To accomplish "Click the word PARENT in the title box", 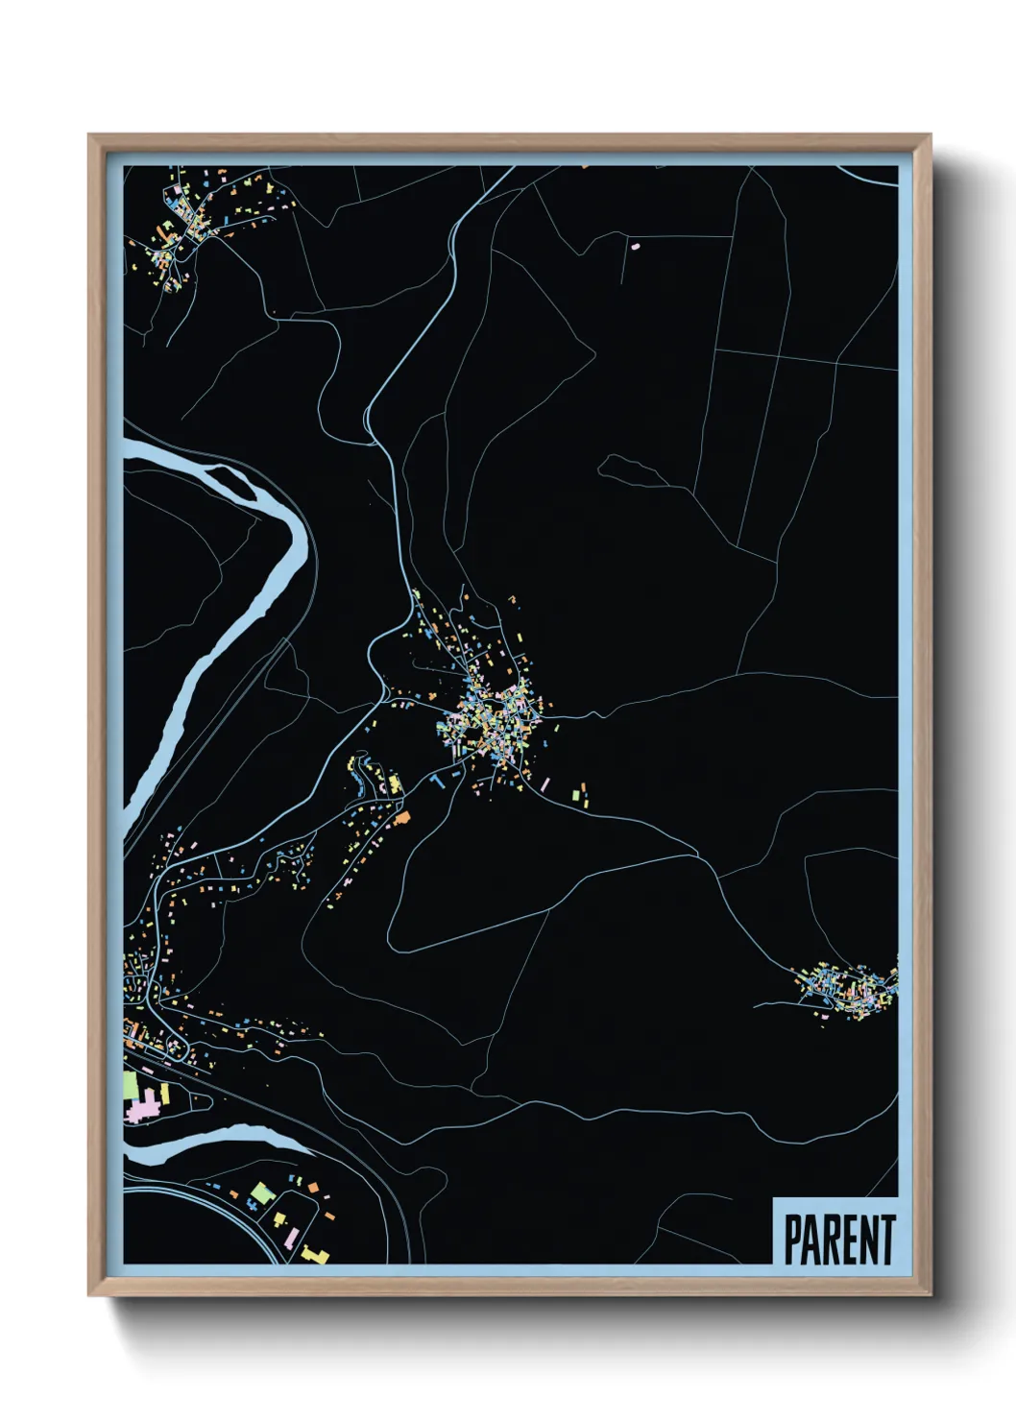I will point(839,1240).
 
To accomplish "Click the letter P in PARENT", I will point(793,1240).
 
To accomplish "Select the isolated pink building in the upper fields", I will point(634,245).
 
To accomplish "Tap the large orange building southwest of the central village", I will point(402,817).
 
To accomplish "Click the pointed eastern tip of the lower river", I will point(309,1147).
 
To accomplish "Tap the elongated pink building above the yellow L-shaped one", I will point(279,1219).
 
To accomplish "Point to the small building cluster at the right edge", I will point(849,990).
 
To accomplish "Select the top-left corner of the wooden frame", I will point(90,136).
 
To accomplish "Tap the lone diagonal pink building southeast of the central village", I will point(545,784).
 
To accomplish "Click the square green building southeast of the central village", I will point(577,795).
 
